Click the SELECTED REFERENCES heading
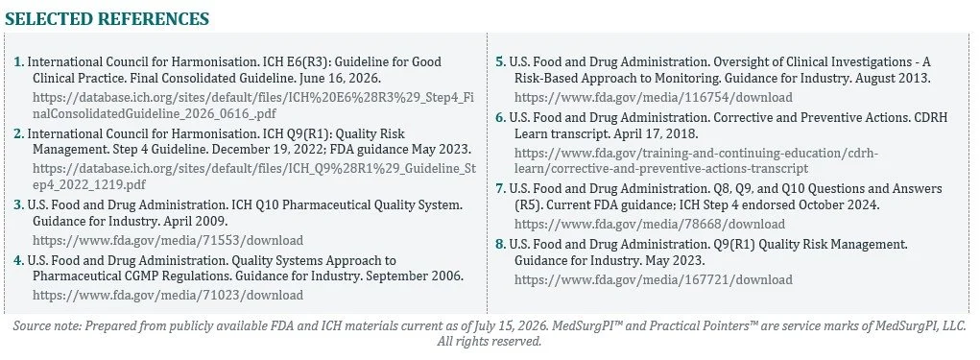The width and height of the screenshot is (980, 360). click(x=107, y=19)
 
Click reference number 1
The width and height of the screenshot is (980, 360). click(x=19, y=61)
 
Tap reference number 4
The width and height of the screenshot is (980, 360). click(x=19, y=260)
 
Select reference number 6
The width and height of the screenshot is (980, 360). click(x=501, y=117)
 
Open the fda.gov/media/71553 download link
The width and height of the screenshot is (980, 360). click(x=168, y=241)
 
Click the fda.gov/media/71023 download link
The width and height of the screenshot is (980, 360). click(x=168, y=295)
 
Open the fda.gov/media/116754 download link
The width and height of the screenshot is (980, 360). click(x=653, y=97)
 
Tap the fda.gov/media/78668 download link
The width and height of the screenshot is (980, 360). click(x=650, y=224)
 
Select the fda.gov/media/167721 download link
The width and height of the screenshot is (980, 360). click(x=653, y=279)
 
